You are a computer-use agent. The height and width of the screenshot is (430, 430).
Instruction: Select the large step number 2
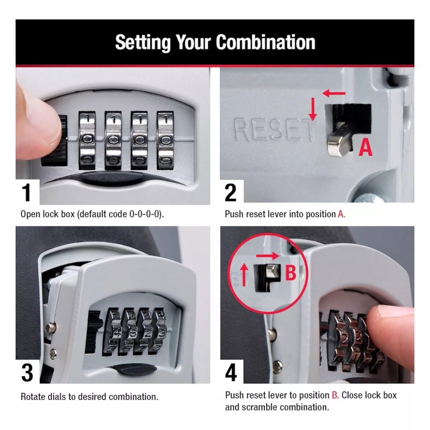231,192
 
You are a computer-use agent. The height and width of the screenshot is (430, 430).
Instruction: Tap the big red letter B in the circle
290,273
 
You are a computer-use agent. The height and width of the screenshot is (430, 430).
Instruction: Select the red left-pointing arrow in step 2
334,94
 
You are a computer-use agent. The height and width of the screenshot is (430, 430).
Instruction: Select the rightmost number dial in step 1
165,138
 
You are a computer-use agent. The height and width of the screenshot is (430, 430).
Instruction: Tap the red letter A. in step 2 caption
341,214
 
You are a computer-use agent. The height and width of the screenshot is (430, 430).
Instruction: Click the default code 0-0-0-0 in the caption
146,214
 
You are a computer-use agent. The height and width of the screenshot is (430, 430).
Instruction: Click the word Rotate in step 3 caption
33,397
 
